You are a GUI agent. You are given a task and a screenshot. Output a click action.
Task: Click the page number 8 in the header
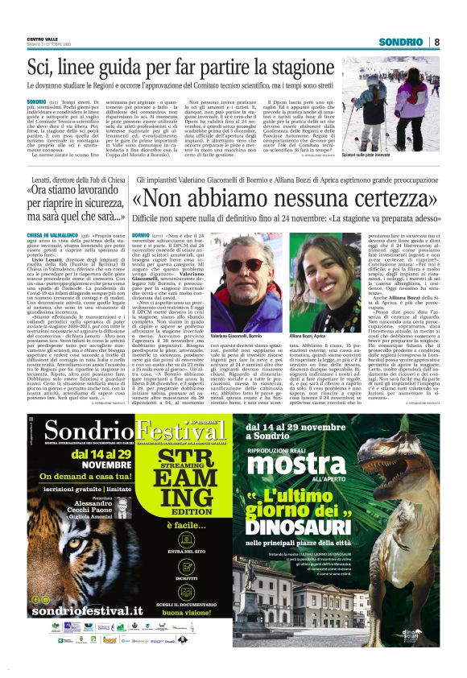pyautogui.click(x=436, y=41)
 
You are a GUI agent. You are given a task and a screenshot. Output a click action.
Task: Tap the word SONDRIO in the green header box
pyautogui.click(x=400, y=42)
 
